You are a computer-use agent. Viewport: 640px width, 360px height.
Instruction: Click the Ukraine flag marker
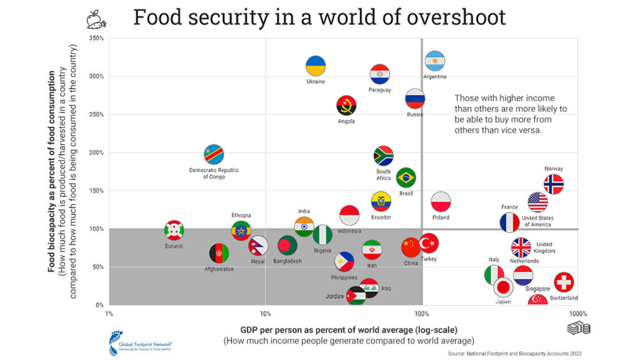coord(316,66)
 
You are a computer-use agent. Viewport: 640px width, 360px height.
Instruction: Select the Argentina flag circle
coord(435,61)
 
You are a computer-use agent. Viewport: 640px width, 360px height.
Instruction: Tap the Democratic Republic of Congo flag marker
coord(214,154)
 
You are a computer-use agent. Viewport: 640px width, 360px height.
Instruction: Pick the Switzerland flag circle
coord(564,282)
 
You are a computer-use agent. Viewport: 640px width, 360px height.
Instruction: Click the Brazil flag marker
coord(406,177)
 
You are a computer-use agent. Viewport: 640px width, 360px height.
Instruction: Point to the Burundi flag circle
coord(174,230)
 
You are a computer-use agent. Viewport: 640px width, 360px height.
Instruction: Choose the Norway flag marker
coord(553,184)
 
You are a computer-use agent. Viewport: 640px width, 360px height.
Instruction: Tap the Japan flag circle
coord(504,287)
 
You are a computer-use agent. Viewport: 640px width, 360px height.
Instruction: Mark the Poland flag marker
coord(441,202)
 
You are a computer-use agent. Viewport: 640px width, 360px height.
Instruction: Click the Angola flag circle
coord(346,106)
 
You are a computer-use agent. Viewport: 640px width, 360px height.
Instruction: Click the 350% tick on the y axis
coord(96,38)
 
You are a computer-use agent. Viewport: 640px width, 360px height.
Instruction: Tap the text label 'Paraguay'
coord(379,90)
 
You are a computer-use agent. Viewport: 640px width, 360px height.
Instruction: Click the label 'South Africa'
coord(383,175)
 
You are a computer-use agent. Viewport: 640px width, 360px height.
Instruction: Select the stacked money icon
coord(578,329)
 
